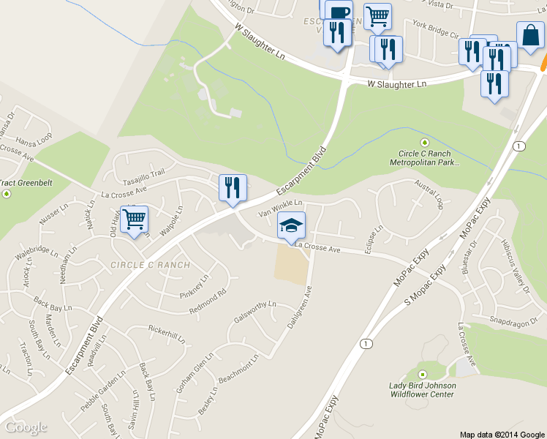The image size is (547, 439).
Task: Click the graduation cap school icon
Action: tap(291, 226)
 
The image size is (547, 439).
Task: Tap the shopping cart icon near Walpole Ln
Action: tap(134, 219)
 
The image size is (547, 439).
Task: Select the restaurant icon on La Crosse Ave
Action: tap(233, 188)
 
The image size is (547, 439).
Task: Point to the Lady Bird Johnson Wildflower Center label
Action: tap(423, 390)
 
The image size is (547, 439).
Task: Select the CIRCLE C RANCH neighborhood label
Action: tap(151, 265)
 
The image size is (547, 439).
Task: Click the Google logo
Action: tap(26, 427)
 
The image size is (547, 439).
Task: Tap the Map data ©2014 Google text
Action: tap(502, 434)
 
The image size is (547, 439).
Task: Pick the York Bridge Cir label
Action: tap(435, 29)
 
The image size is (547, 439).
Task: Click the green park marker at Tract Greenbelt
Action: tap(7, 194)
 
